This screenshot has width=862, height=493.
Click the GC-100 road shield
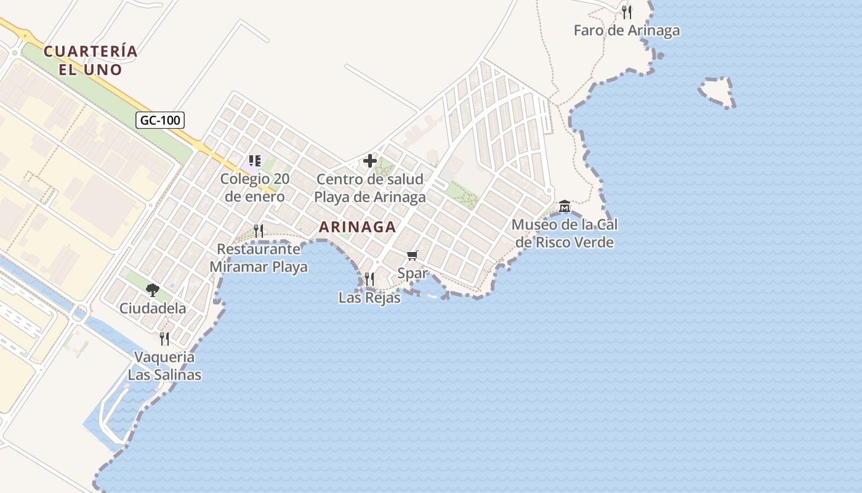[160, 120]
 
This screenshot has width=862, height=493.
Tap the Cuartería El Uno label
[91, 60]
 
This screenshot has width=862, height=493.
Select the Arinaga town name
[357, 227]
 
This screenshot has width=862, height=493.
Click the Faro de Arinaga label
[626, 30]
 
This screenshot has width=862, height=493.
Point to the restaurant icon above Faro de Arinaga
[626, 12]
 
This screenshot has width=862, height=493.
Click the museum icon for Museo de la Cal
[564, 205]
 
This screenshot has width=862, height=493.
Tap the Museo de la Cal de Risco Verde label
[564, 234]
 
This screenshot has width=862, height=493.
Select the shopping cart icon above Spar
[413, 255]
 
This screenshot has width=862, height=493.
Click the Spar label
[413, 273]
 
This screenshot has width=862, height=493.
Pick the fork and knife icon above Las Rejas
[369, 279]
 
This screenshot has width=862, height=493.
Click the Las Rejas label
[369, 298]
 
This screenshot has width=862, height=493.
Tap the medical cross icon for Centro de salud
[369, 161]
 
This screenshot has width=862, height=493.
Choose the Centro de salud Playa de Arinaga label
[369, 188]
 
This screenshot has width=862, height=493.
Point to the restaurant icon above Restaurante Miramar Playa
[259, 231]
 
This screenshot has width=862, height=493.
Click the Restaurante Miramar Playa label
[259, 258]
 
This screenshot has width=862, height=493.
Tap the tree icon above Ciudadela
[152, 290]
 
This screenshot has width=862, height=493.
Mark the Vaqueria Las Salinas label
[164, 365]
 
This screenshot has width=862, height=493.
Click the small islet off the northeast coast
[716, 92]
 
